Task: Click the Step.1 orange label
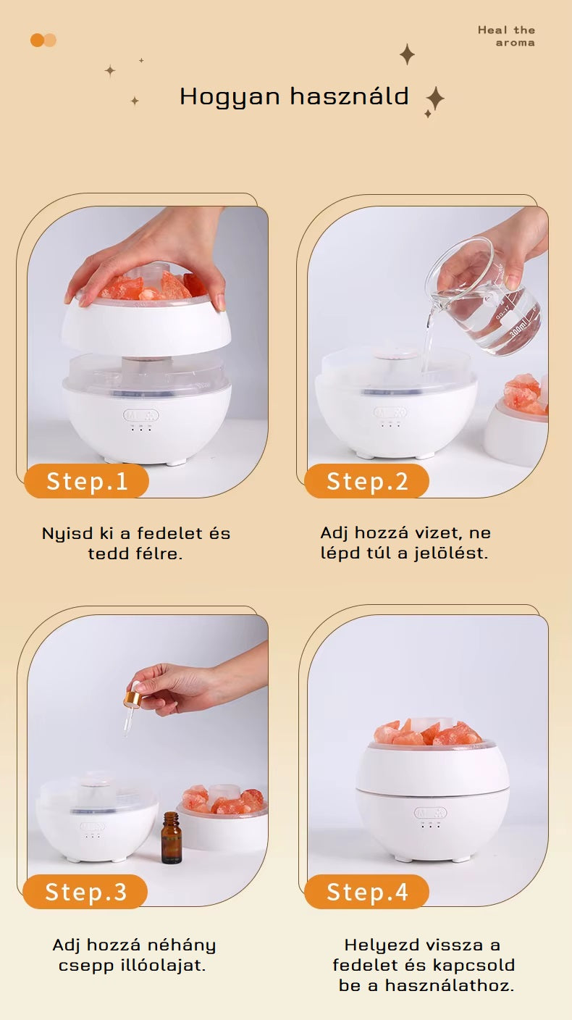[x=86, y=481]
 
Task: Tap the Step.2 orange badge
[x=367, y=481]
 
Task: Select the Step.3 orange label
[x=85, y=892]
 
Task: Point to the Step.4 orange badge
[x=367, y=892]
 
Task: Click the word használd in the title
[x=350, y=96]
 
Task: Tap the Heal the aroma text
[x=506, y=36]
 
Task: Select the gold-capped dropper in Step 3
[x=133, y=706]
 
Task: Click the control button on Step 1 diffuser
[x=140, y=415]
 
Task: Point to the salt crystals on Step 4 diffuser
[x=428, y=733]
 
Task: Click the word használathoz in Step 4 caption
[x=450, y=985]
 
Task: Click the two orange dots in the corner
[x=43, y=40]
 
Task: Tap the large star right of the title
[x=435, y=99]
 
